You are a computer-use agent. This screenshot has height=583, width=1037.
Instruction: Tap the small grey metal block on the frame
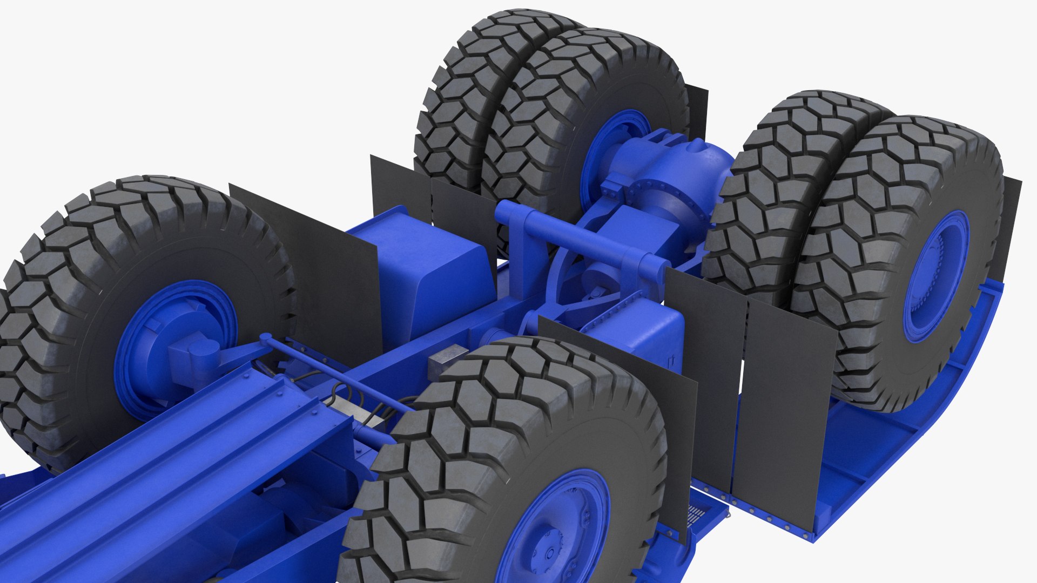point(447,361)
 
